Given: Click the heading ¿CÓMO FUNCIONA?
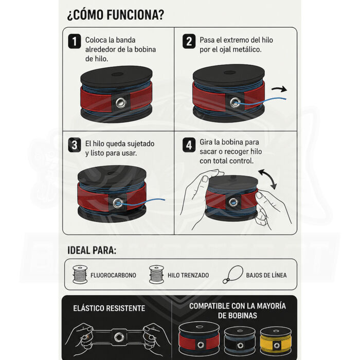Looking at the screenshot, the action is pos(116,15).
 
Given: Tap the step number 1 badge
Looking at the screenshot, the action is pos(75,41).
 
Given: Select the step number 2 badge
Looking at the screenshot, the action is pos(189,41).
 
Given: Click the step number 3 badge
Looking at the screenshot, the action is pos(75,145).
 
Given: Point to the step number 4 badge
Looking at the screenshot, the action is pos(189,145).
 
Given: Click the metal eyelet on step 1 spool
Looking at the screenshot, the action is pos(120,102).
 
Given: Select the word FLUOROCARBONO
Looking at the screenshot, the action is pos(113,275).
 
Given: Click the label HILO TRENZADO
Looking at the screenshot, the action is pos(188,275).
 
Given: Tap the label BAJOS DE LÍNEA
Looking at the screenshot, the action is pos(266,275).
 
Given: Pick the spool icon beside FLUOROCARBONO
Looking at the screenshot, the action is pos(80,274).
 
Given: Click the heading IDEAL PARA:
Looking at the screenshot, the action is pos(92,250).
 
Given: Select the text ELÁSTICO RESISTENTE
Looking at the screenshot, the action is pos(109,308).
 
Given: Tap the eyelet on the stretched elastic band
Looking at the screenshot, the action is pos(119,337).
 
